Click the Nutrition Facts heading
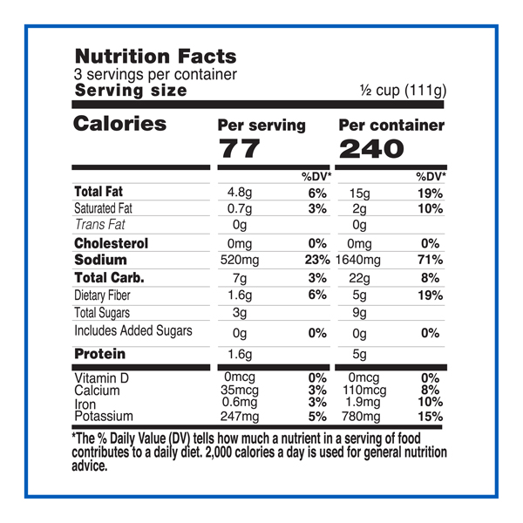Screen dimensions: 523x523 tap(155, 57)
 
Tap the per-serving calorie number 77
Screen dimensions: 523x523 tap(239, 148)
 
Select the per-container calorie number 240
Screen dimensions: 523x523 tap(371, 148)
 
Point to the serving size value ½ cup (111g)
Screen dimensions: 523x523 tap(403, 91)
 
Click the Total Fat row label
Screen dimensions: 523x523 tap(102, 191)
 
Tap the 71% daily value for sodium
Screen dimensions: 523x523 tap(431, 260)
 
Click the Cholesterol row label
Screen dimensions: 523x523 tap(111, 243)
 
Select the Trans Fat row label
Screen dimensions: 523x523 tap(100, 225)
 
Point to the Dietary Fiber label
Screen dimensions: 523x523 tap(109, 295)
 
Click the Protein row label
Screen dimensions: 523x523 tap(99, 354)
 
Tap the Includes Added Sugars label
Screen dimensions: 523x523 tap(132, 331)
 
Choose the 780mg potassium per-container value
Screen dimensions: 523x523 tap(358, 416)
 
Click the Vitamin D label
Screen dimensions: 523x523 tap(102, 378)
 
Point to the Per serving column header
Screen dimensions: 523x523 tap(261, 125)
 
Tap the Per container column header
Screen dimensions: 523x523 tap(391, 125)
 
